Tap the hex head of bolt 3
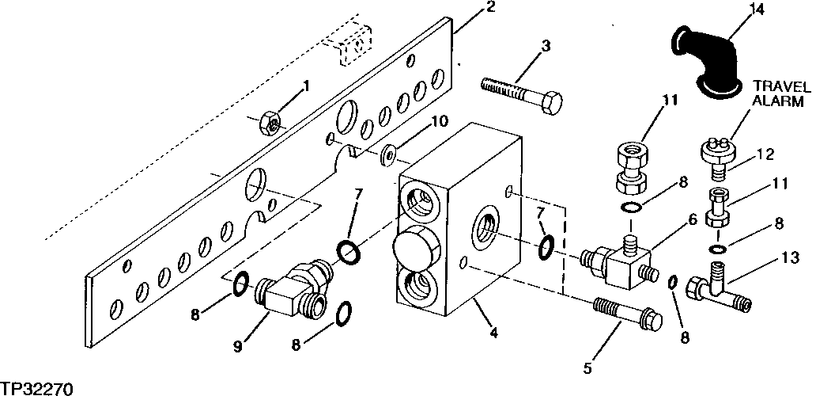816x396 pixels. [x=551, y=104]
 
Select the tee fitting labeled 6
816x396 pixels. [x=625, y=261]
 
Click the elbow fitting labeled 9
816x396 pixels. [x=289, y=293]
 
